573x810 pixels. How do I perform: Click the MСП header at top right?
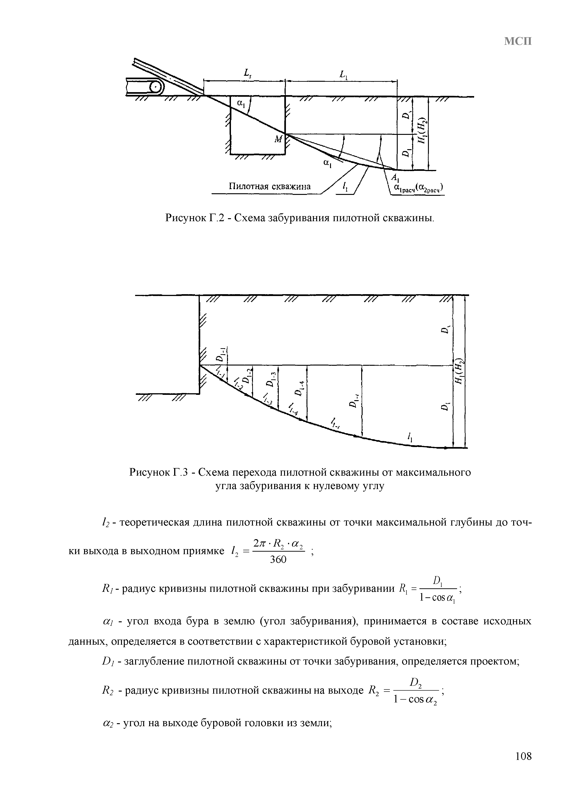517,42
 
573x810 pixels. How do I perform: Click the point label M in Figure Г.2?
278,139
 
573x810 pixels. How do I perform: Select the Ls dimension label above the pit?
246,74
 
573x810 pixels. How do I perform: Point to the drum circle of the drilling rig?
155,87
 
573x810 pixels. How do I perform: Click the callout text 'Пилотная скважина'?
270,187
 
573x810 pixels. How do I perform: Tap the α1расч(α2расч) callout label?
419,189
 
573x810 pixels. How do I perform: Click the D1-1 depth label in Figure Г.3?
221,355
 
